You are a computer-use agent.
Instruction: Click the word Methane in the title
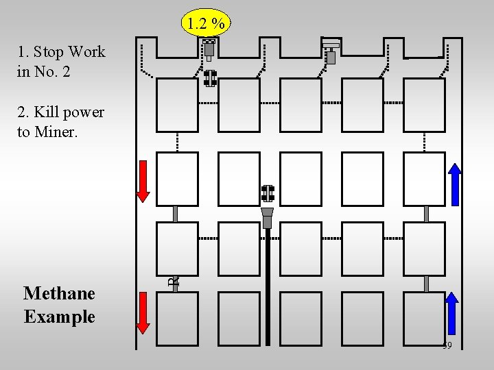[59, 293]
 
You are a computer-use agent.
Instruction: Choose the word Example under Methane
[59, 317]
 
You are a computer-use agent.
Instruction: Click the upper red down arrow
[143, 181]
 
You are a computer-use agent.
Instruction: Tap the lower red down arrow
[143, 312]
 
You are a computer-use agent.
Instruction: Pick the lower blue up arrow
[451, 312]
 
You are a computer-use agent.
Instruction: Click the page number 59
[447, 346]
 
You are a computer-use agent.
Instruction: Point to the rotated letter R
[175, 280]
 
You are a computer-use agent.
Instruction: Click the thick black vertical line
[268, 288]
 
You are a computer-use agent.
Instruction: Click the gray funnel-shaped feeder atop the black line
[268, 217]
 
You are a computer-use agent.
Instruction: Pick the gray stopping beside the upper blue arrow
[426, 214]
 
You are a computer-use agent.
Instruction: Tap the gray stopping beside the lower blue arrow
[426, 284]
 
